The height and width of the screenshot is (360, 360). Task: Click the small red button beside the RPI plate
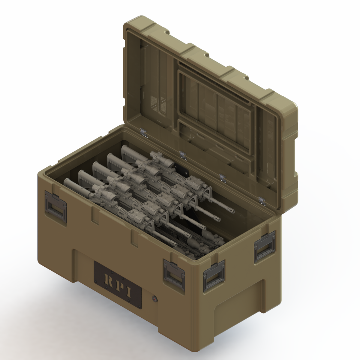tap(154, 299)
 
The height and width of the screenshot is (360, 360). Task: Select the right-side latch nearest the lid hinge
tap(265, 246)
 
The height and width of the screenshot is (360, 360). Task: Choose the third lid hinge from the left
tap(222, 178)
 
